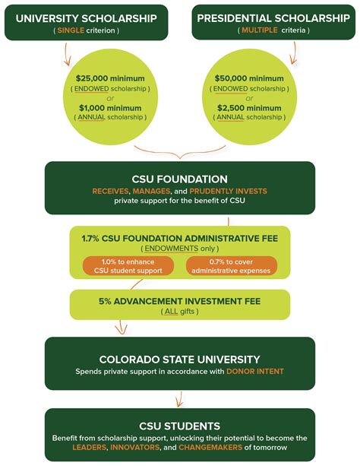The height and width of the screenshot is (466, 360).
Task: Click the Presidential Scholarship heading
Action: tap(270, 16)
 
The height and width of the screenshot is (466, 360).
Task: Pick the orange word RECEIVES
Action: tap(113, 190)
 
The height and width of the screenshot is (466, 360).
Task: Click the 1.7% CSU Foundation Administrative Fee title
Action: tap(180, 237)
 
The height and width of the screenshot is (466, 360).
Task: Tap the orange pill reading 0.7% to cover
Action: tap(231, 266)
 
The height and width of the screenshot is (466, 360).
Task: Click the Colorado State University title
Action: tap(180, 359)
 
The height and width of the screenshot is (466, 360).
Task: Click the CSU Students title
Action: tap(180, 426)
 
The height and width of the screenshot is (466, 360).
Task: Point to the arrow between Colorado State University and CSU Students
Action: tap(180, 398)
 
